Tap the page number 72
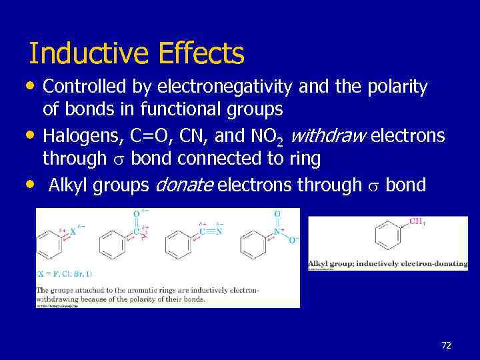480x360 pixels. tap(447, 345)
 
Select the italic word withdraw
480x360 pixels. tap(329, 137)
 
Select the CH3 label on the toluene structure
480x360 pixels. tap(416, 221)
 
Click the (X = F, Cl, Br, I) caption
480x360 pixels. tap(64, 274)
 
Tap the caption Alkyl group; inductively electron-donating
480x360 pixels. tap(387, 264)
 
